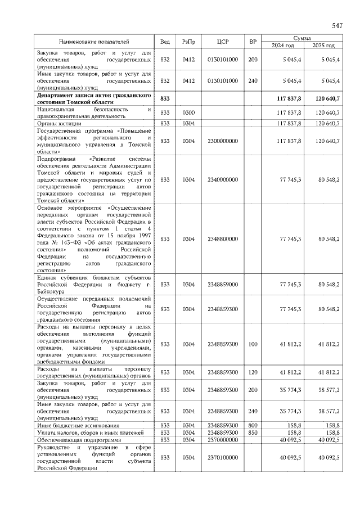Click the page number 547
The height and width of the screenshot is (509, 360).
[x=337, y=26]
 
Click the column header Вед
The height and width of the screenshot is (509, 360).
[x=165, y=42]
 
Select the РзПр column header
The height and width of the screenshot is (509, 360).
[x=188, y=42]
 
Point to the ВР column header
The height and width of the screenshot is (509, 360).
[x=253, y=42]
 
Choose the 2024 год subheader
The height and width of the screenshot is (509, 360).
[x=283, y=46]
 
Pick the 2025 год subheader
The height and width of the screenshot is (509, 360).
[x=323, y=46]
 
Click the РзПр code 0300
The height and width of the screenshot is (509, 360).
[x=188, y=112]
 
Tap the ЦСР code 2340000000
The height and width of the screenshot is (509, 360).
[x=223, y=179]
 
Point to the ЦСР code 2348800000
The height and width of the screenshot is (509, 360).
[x=223, y=239]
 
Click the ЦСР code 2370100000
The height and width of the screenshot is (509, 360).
[x=223, y=458]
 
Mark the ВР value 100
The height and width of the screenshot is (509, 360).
[x=253, y=344]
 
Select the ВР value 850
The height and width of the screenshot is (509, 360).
[x=253, y=432]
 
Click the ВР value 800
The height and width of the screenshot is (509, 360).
[x=253, y=425]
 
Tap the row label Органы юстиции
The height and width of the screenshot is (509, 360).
[x=59, y=123]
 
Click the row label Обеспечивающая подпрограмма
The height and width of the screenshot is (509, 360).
[x=75, y=439]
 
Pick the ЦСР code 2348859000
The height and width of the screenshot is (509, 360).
[x=223, y=284]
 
